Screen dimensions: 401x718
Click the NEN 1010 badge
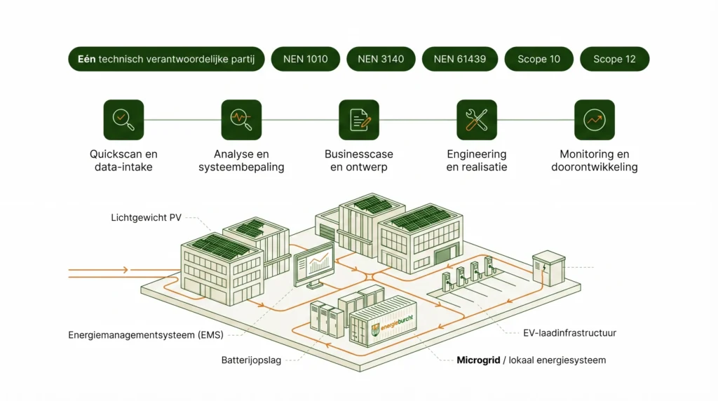point(305,59)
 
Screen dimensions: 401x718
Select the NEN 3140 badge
point(381,59)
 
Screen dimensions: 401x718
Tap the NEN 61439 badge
point(459,59)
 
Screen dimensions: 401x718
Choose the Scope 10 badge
point(538,59)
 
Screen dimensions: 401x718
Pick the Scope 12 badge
point(614,59)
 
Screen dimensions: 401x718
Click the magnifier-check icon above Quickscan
point(123,120)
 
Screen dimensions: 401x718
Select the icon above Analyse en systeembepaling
point(241,120)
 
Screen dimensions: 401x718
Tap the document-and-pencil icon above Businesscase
point(359,120)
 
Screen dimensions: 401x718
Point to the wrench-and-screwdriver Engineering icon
point(477,120)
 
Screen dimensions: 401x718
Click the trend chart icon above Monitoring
point(595,120)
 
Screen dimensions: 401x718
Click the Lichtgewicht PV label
point(146,218)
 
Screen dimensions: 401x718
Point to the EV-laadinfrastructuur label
point(569,333)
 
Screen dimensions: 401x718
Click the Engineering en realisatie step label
point(477,161)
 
